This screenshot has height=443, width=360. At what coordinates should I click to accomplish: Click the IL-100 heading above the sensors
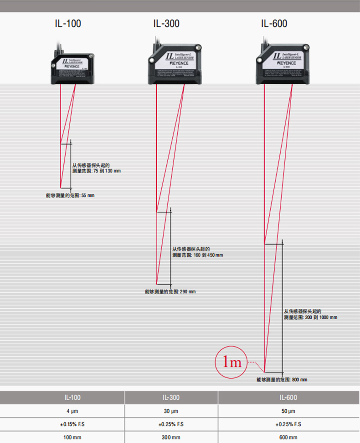point(67,23)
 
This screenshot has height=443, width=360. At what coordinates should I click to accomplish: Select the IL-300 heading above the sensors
point(166,23)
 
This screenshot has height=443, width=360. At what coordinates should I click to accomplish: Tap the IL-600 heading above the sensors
point(274,23)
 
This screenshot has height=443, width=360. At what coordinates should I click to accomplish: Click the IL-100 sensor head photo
point(73,68)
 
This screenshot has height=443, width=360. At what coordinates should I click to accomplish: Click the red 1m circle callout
point(231,362)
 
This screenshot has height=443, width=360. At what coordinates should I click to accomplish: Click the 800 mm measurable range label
point(281,380)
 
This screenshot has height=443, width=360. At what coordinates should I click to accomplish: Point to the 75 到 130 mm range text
point(97,171)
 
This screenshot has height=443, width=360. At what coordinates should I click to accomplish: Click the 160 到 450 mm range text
point(197,255)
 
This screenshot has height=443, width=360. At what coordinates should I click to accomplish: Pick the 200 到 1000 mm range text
point(310,317)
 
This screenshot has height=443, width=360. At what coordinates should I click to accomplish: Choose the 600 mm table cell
point(288,438)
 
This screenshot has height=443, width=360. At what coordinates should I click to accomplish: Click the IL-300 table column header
point(171,397)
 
